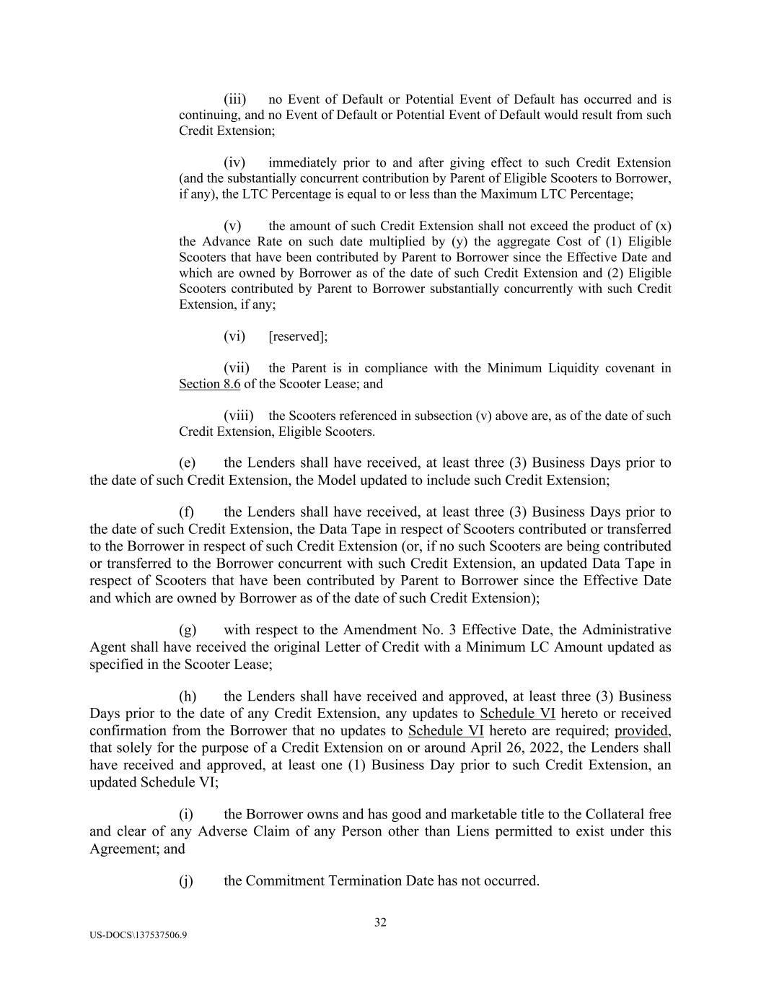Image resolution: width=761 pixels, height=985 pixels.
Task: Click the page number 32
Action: (x=380, y=922)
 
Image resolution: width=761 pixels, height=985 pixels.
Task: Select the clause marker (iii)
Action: (x=234, y=100)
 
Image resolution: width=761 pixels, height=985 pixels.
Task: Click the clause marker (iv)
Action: (x=234, y=163)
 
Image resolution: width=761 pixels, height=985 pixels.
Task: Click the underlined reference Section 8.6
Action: (x=209, y=384)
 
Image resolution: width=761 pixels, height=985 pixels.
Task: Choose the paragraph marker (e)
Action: (x=188, y=463)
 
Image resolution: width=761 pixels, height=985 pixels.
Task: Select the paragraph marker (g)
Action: (x=188, y=630)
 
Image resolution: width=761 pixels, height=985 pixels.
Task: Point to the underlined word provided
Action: (x=642, y=730)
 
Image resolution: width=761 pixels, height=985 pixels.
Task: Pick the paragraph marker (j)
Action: (x=187, y=881)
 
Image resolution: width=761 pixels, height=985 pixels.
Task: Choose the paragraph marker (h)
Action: (x=188, y=696)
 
